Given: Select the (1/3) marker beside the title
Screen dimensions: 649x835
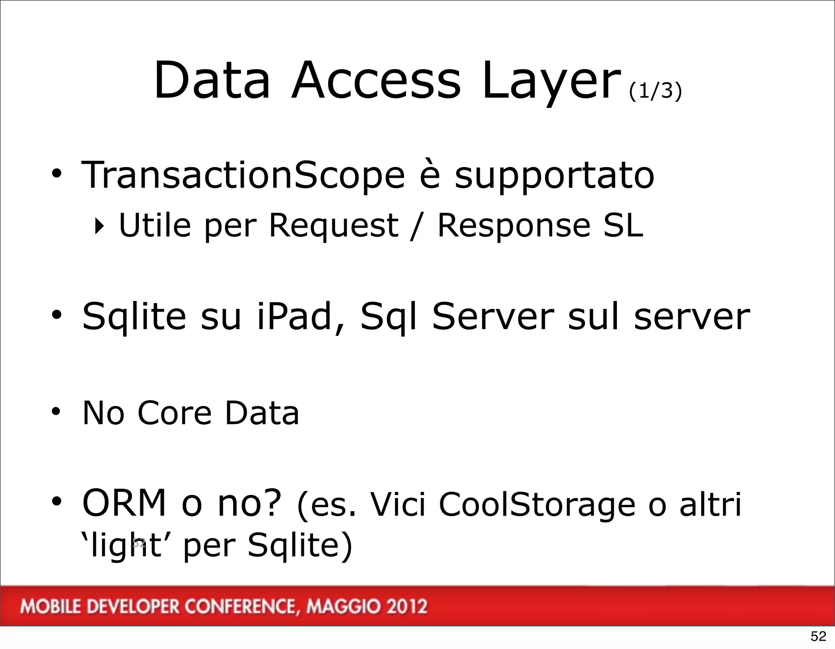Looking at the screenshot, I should [x=655, y=90].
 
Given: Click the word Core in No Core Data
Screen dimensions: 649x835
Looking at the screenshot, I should [x=174, y=413].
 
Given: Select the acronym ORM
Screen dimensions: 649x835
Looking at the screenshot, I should [x=124, y=504].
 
